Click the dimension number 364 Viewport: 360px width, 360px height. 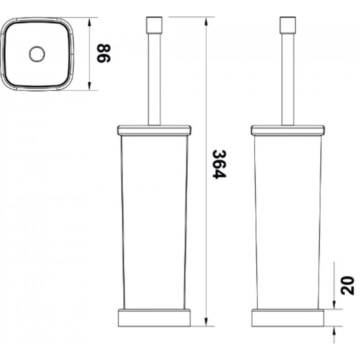pos(219,164)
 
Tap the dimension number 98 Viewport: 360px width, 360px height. pos(104,53)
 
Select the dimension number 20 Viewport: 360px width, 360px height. pos(347,285)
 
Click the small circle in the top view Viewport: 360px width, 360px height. pos(36,54)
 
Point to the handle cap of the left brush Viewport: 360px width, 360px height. pos(154,25)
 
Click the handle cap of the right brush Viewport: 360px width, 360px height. pos(287,25)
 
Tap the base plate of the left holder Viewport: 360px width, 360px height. pos(154,318)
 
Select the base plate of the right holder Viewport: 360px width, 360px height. pos(287,318)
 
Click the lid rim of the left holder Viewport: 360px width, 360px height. pos(154,130)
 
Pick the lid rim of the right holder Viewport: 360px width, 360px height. pos(287,130)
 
